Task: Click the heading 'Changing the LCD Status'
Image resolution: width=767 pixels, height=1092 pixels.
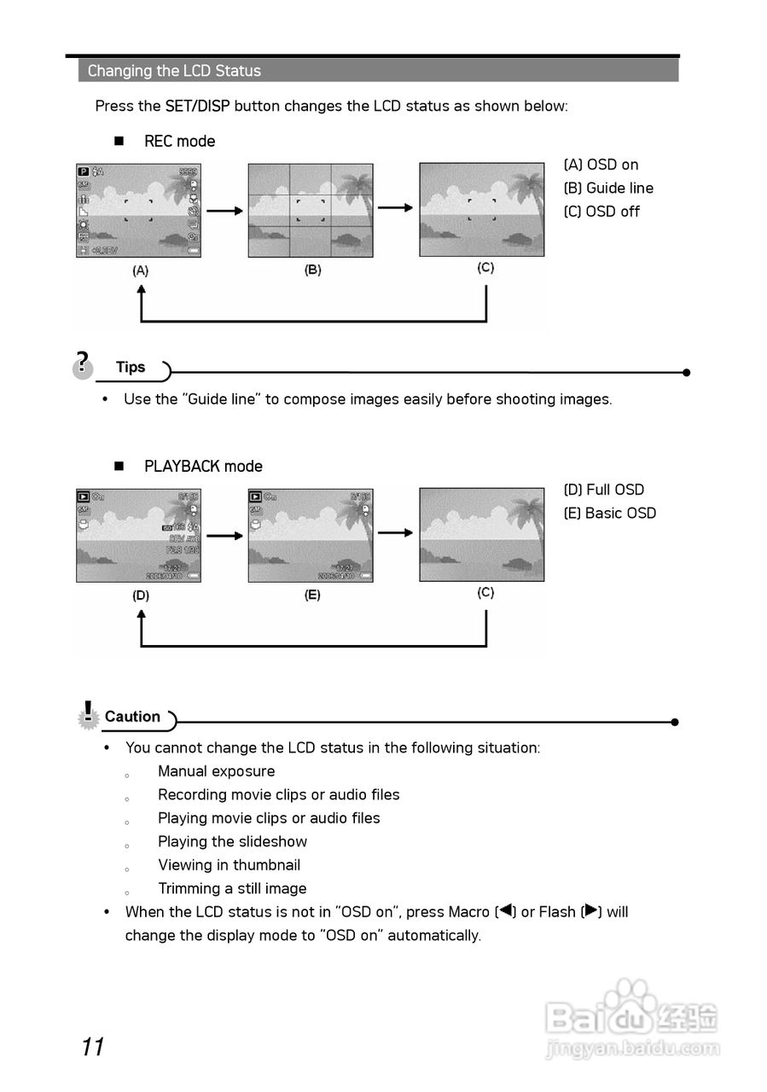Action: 174,71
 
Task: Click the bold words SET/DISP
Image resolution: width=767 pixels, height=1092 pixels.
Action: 197,106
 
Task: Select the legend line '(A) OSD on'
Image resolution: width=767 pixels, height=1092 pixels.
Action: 601,165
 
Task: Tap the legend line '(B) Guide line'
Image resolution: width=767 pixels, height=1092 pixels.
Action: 608,188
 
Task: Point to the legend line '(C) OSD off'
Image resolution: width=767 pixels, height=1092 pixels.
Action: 601,212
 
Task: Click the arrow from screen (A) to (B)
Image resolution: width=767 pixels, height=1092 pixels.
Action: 224,211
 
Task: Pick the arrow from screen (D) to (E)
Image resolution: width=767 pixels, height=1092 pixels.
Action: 224,536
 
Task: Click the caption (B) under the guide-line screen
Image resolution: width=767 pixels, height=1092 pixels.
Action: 313,270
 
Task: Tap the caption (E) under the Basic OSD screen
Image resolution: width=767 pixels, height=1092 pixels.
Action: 312,595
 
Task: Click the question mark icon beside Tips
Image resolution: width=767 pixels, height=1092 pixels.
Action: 82,364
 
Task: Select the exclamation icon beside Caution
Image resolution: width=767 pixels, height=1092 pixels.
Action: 88,715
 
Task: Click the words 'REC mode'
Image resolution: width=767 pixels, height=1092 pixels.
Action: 179,142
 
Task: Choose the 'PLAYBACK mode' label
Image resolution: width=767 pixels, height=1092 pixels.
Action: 203,467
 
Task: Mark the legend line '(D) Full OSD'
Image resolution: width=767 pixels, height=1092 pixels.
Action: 603,490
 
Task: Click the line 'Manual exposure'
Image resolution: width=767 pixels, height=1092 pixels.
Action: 216,771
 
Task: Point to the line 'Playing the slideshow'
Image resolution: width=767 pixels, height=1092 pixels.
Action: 232,841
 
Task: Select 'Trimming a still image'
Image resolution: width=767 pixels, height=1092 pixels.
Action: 232,888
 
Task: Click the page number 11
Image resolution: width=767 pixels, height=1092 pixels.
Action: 93,1047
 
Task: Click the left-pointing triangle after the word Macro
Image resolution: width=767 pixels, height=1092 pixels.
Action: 505,910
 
